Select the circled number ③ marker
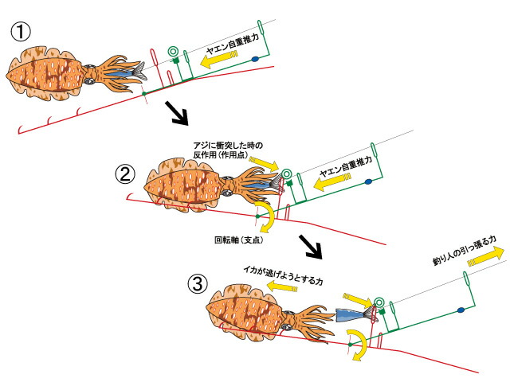click(x=197, y=283)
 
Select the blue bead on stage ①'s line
click(x=253, y=60)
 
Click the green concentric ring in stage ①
click(x=171, y=54)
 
